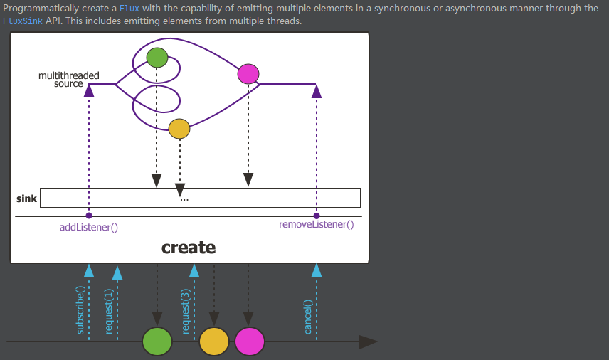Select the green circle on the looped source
click(x=157, y=57)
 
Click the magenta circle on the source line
click(x=248, y=73)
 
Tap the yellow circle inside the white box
click(x=179, y=128)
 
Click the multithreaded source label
click(x=68, y=79)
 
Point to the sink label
click(x=26, y=198)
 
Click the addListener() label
click(x=88, y=228)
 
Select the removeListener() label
click(x=316, y=224)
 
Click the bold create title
click(x=189, y=248)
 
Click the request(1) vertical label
click(x=109, y=311)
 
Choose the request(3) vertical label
click(x=185, y=311)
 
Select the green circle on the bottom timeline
click(x=157, y=342)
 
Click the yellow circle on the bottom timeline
click(x=213, y=342)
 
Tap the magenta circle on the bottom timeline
click(x=249, y=342)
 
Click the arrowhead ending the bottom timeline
click(x=368, y=342)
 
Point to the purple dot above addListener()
click(x=89, y=216)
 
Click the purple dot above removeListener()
click(x=317, y=216)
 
